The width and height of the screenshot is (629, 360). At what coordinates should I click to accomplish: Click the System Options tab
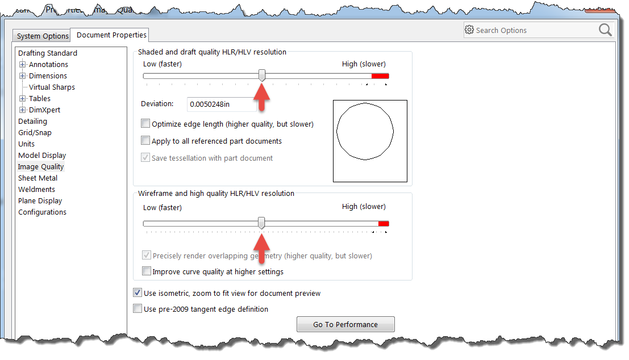tap(43, 36)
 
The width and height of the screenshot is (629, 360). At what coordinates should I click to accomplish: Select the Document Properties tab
tap(111, 35)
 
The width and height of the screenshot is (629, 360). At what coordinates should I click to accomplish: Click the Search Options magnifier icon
tap(605, 30)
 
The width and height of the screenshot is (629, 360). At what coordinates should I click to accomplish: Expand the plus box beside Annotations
tap(23, 65)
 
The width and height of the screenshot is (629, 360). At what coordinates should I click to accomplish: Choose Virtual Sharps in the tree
tap(52, 87)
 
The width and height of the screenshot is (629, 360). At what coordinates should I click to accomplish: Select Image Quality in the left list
tap(41, 167)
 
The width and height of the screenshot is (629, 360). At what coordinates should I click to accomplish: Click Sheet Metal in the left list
tap(38, 178)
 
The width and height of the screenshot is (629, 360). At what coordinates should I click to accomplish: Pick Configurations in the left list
tap(42, 212)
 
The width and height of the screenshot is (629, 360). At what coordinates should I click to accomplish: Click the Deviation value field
tap(220, 104)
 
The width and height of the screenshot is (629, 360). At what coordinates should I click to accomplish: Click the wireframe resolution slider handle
tap(261, 223)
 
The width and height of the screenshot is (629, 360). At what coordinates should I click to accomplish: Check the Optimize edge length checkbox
tap(145, 124)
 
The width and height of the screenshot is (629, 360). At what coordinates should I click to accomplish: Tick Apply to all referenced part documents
tap(145, 141)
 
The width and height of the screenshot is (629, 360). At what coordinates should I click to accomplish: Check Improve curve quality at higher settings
tap(147, 271)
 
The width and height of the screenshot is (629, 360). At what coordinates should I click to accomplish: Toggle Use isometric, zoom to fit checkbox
tap(138, 293)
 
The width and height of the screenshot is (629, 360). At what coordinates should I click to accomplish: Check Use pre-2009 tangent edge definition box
tap(138, 309)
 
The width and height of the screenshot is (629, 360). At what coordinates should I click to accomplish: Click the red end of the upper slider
tap(380, 76)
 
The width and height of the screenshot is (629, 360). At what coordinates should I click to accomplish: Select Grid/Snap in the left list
tap(35, 133)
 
